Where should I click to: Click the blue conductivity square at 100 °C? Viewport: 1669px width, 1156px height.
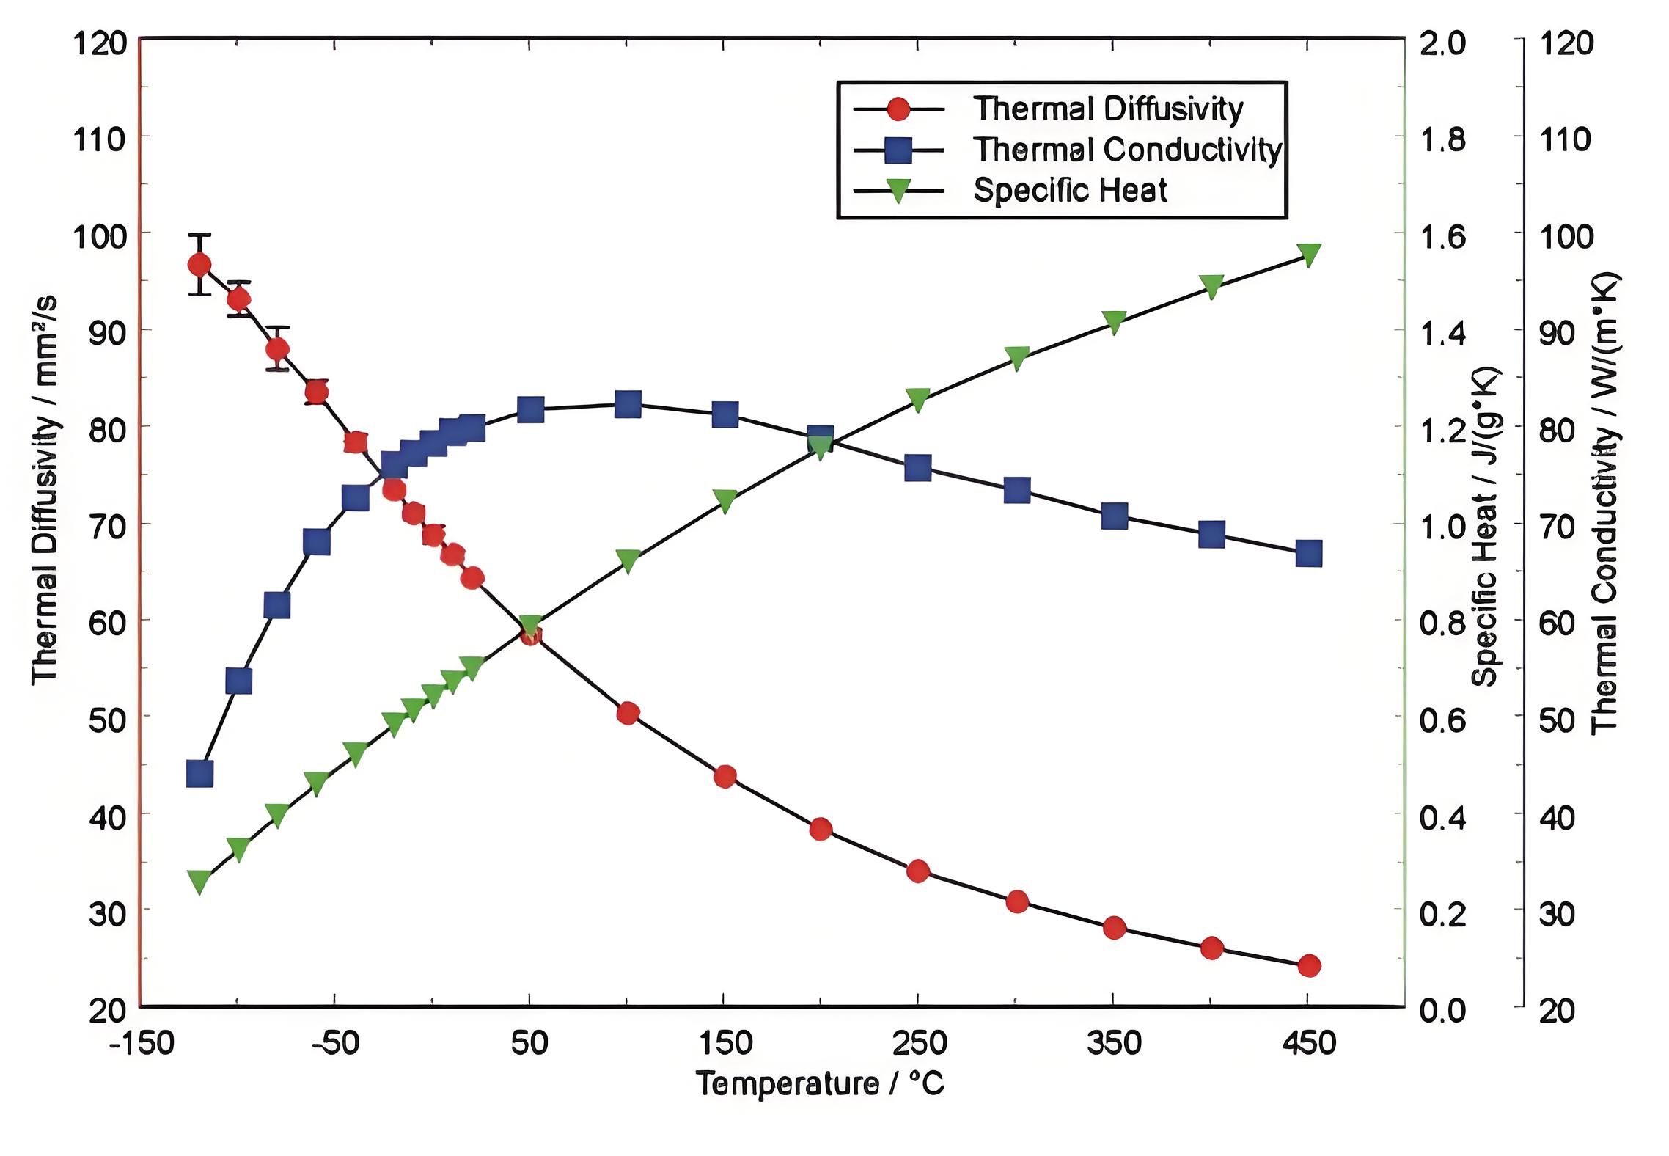tap(628, 404)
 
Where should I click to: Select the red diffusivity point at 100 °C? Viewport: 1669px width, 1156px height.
tap(628, 713)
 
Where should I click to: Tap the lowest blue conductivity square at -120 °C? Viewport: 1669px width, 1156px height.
tap(199, 773)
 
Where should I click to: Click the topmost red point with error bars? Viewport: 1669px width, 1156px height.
tap(199, 264)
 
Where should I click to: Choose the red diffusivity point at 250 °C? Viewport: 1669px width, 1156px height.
tap(918, 871)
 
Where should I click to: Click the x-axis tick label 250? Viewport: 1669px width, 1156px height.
tap(918, 1042)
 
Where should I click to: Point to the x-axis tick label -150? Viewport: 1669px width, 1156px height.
tap(141, 1042)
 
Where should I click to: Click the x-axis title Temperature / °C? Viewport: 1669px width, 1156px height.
tap(820, 1083)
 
